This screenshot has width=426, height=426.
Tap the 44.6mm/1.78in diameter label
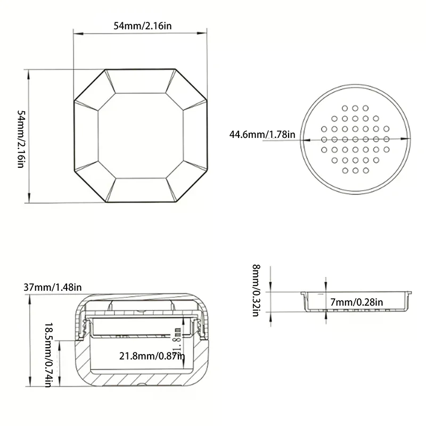pos(262,134)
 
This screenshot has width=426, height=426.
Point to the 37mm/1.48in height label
pos(53,288)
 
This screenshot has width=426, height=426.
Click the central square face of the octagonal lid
pos(141,136)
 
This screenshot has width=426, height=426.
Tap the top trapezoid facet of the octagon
pos(141,81)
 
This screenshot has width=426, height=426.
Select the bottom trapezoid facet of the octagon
pos(141,191)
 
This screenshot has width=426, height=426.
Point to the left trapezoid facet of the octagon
pos(85,136)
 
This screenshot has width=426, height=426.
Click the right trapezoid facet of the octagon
pos(195,136)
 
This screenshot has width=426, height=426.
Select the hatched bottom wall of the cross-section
pos(141,381)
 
